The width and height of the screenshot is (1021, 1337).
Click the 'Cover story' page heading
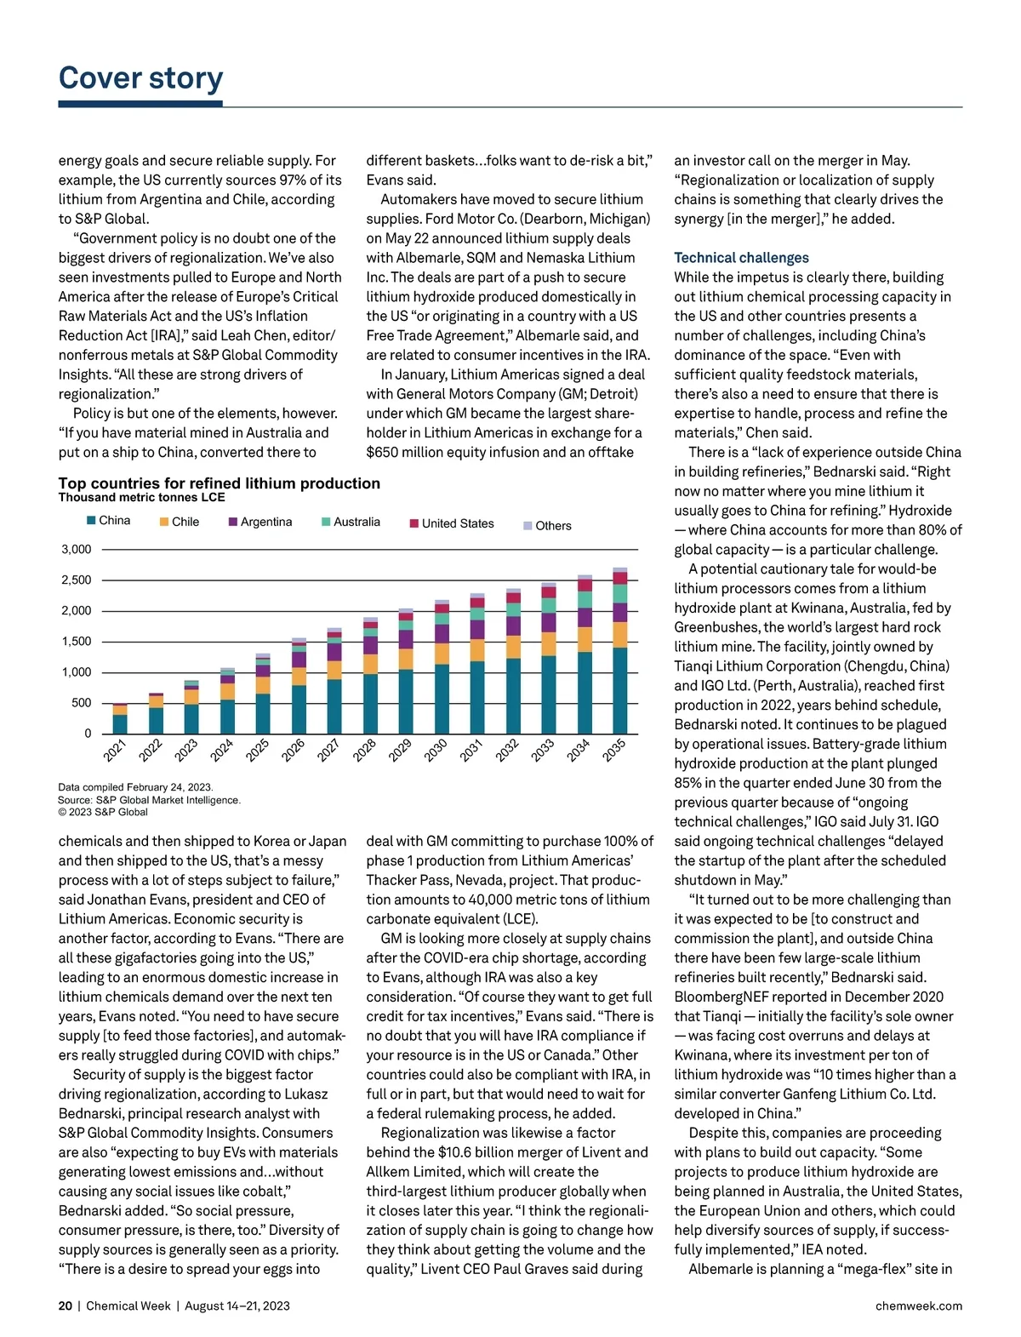pyautogui.click(x=140, y=77)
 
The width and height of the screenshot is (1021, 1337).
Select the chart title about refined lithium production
pyautogui.click(x=219, y=483)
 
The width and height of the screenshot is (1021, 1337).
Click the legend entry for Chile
pyautogui.click(x=180, y=522)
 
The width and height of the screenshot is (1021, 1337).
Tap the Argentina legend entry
pyautogui.click(x=260, y=522)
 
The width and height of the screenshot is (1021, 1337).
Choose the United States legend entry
pyautogui.click(x=452, y=523)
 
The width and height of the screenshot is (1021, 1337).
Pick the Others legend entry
pyautogui.click(x=547, y=526)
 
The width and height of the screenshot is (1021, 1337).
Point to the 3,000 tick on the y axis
pyautogui.click(x=77, y=550)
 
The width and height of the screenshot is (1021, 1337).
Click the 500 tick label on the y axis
pyautogui.click(x=81, y=703)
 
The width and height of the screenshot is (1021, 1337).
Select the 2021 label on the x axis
pyautogui.click(x=115, y=750)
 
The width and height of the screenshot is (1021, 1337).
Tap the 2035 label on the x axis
pyautogui.click(x=614, y=750)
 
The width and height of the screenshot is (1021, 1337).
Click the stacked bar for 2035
pyautogui.click(x=620, y=651)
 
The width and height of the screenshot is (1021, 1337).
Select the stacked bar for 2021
pyautogui.click(x=120, y=719)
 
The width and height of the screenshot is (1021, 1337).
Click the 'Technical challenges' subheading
pyautogui.click(x=741, y=258)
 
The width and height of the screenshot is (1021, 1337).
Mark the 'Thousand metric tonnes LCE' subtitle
pyautogui.click(x=141, y=498)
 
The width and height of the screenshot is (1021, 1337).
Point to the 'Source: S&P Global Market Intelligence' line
pyautogui.click(x=149, y=800)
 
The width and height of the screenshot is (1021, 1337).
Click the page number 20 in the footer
pyautogui.click(x=66, y=1306)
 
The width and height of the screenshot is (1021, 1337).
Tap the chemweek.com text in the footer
pyautogui.click(x=919, y=1306)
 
